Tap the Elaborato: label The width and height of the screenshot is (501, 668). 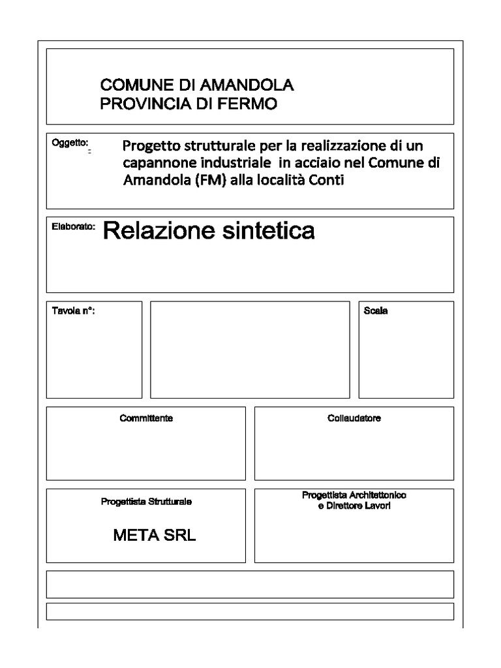click(x=73, y=227)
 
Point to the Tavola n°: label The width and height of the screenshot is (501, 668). click(x=73, y=311)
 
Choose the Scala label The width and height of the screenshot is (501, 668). click(x=375, y=311)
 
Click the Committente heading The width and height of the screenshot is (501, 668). click(x=146, y=418)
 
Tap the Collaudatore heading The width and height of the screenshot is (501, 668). click(x=354, y=418)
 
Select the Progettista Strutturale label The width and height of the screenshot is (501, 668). click(x=146, y=502)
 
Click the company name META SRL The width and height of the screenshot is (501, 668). click(x=154, y=536)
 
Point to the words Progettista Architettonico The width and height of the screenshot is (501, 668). click(x=354, y=496)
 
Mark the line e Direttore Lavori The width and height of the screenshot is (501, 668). click(x=354, y=506)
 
